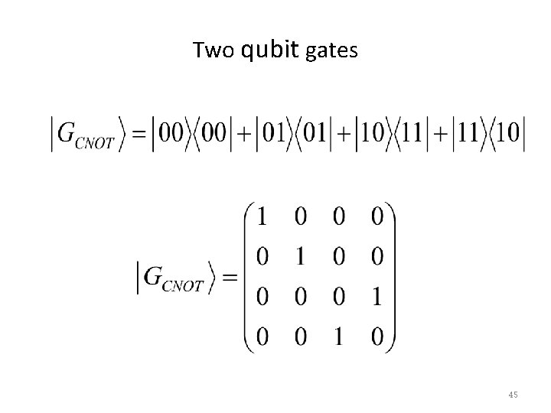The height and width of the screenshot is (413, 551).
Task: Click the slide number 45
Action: click(513, 395)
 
